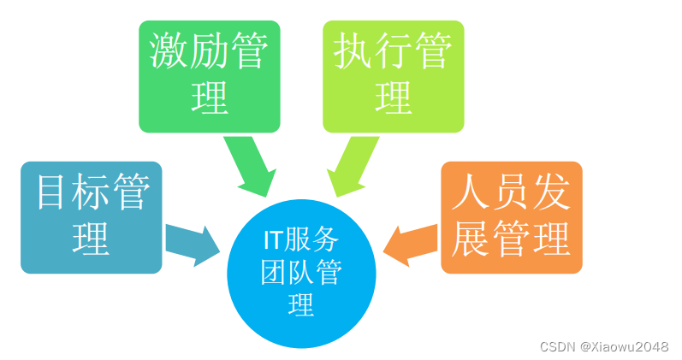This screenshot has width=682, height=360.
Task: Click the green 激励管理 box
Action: (209, 76)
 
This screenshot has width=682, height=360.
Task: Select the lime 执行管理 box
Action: (393, 76)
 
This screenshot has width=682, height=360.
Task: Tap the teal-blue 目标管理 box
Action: (91, 217)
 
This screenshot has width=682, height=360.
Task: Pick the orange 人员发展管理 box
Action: (511, 217)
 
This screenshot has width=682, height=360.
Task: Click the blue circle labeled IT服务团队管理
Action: (300, 274)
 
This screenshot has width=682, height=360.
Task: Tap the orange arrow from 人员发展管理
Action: (412, 240)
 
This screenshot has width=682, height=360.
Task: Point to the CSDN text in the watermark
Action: (557, 346)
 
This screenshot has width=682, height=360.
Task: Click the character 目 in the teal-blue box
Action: (52, 195)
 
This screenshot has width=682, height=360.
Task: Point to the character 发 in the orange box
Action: (551, 195)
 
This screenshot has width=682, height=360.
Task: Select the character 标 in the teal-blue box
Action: (92, 195)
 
